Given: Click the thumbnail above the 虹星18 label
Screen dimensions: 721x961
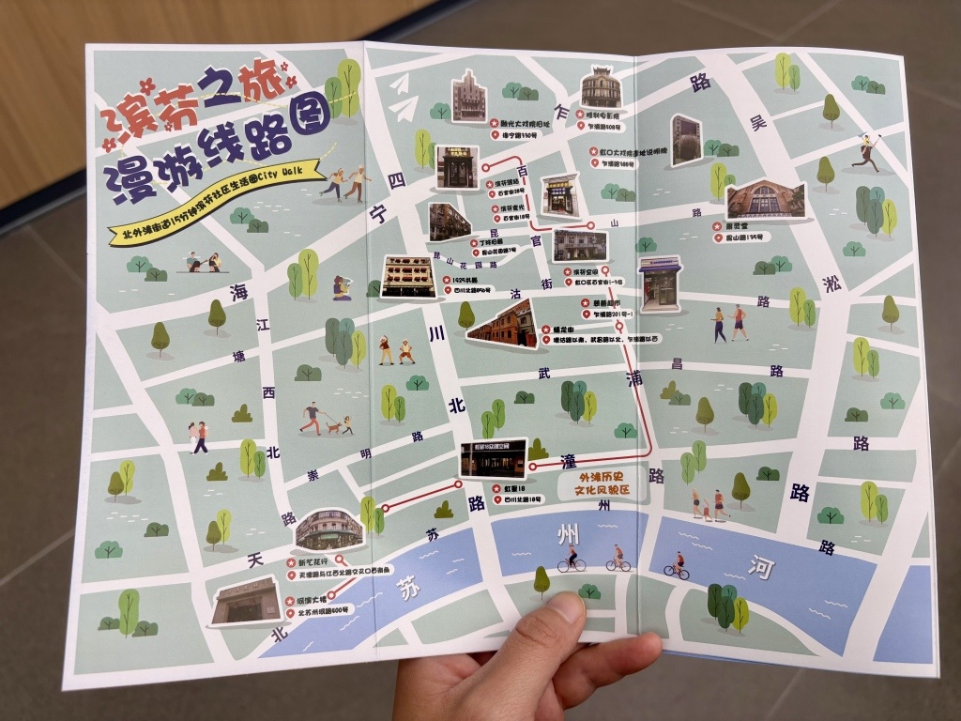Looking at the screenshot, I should [493, 458].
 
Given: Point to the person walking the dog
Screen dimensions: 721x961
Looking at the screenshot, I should [312, 418].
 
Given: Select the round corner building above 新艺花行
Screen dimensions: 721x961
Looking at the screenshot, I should [328, 531].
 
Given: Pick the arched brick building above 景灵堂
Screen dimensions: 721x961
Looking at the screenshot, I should [765, 200].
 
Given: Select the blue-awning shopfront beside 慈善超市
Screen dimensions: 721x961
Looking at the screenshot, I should [660, 284].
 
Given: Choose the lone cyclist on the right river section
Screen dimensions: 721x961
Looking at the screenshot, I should [676, 565].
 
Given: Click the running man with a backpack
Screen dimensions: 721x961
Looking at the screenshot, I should [866, 152].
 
